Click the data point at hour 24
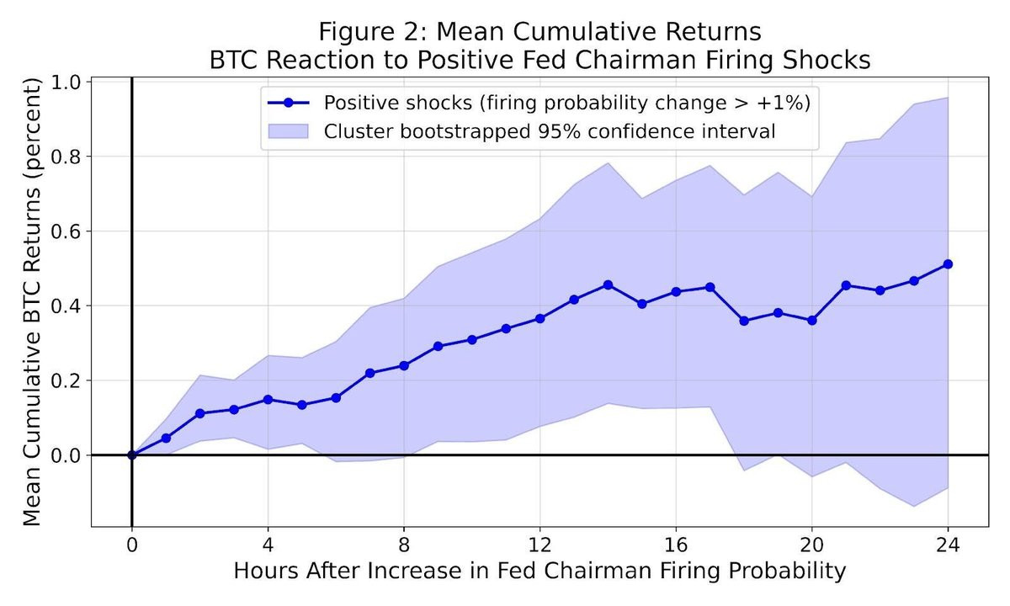(948, 263)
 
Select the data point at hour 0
(132, 454)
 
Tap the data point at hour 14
(608, 284)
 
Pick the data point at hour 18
(744, 321)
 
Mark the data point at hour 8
(404, 365)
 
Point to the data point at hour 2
(199, 413)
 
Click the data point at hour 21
(846, 285)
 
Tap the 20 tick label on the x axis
(811, 542)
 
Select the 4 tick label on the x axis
(268, 542)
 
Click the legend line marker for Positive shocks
(288, 103)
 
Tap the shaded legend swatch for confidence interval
(288, 131)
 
